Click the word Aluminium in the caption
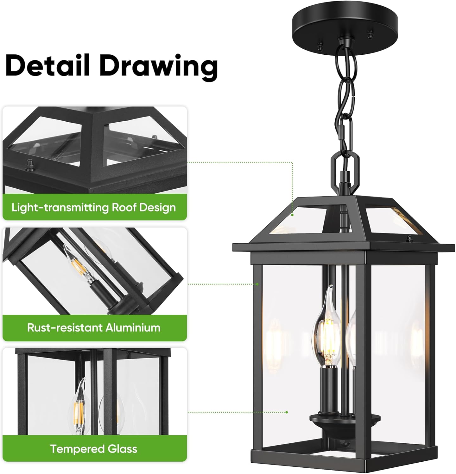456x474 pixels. pyautogui.click(x=133, y=327)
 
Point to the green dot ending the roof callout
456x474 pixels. pyautogui.click(x=293, y=215)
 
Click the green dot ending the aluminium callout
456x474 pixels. pyautogui.click(x=257, y=284)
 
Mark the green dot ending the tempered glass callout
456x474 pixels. pyautogui.click(x=287, y=412)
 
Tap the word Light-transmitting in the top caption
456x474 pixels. pyautogui.click(x=60, y=208)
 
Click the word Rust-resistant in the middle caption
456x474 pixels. pyautogui.click(x=65, y=327)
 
